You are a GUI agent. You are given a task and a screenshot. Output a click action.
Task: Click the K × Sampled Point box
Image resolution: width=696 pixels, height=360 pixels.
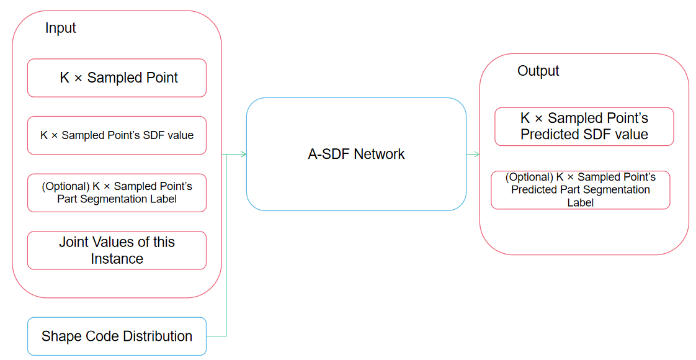click(117, 78)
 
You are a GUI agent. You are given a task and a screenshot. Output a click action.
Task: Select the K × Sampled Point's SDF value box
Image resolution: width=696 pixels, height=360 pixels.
click(117, 135)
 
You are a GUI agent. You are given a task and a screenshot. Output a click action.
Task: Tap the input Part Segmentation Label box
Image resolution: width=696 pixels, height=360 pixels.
click(117, 192)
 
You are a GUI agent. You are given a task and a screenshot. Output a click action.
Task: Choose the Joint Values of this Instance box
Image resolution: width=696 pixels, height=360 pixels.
click(117, 250)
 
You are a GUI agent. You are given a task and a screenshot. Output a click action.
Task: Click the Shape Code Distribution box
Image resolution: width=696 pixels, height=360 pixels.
click(117, 336)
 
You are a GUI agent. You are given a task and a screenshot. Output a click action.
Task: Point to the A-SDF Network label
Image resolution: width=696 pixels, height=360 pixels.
click(356, 154)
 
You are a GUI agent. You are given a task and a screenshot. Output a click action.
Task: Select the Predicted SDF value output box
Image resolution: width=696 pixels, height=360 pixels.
click(584, 127)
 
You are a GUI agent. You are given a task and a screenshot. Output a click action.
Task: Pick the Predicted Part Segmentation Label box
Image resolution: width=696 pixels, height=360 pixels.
click(580, 190)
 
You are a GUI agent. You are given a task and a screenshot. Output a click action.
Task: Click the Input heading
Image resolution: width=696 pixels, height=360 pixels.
click(60, 29)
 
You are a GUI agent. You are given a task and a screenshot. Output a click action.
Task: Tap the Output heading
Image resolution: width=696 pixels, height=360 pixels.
click(538, 71)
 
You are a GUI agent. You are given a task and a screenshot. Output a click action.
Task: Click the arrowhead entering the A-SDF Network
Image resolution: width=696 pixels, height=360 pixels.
click(243, 155)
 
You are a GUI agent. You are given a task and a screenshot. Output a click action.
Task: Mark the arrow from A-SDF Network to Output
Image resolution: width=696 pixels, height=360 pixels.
click(473, 155)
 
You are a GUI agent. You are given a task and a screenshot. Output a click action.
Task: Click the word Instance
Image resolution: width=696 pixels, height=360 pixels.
click(117, 259)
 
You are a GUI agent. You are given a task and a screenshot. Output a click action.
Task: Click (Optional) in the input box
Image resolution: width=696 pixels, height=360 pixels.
click(66, 186)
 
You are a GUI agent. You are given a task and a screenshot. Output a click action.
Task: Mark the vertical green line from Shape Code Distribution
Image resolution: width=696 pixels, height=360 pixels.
click(226, 245)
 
